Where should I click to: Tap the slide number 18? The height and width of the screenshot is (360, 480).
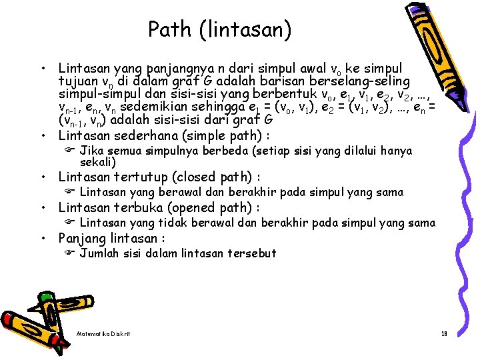443,333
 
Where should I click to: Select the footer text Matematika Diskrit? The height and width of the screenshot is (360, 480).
103,333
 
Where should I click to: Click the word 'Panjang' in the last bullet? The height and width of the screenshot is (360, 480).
81,238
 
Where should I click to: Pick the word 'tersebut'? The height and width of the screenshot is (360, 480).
251,253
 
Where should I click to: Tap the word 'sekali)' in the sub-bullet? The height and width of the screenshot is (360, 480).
98,162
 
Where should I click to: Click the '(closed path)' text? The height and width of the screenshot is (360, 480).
215,177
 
